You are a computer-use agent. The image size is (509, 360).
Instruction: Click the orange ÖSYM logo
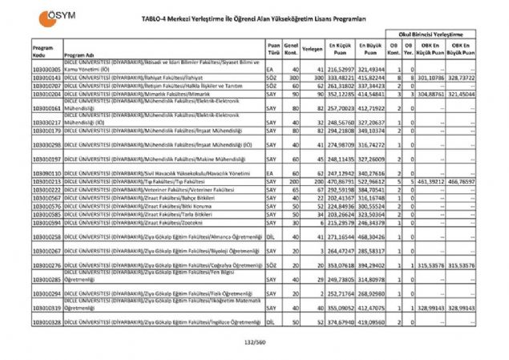click(47, 15)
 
